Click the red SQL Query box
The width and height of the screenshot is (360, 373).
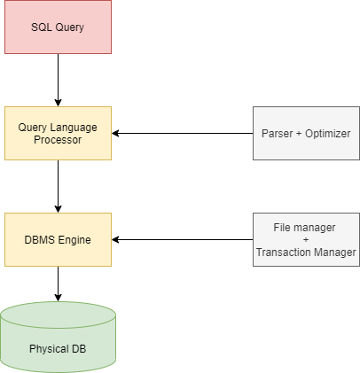point(58,27)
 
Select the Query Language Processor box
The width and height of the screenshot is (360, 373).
point(58,133)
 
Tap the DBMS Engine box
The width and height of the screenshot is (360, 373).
point(58,239)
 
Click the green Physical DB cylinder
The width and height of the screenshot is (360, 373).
point(58,337)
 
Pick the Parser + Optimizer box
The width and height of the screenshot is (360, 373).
point(306,133)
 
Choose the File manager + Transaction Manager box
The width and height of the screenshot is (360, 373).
point(306,239)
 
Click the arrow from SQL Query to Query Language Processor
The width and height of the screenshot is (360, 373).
point(58,80)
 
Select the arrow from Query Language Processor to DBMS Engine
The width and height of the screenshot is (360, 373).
point(58,186)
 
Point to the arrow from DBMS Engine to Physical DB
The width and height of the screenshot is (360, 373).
point(58,284)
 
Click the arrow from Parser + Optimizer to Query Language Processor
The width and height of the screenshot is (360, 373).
point(183,133)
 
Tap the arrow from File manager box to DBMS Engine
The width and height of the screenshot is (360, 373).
point(183,239)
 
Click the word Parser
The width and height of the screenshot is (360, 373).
point(277,134)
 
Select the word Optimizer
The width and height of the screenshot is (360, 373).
point(328,134)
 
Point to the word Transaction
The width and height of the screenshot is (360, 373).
point(279,253)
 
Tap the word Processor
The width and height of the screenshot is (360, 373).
point(58,140)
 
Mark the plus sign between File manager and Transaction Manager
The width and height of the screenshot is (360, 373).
point(306,239)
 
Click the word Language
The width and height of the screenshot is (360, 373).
point(74,128)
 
